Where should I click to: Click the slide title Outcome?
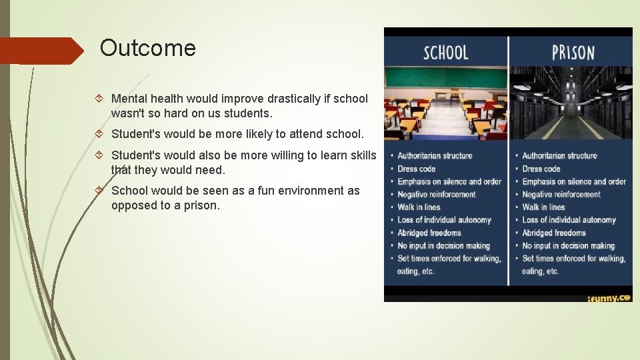tap(147, 49)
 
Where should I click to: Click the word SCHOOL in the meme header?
tap(446, 53)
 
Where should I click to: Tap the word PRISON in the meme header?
tap(573, 53)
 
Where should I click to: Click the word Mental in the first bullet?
tap(129, 99)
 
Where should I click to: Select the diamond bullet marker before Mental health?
tap(99, 99)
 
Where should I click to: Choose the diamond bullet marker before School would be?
tap(99, 191)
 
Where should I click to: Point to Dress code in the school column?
tap(417, 169)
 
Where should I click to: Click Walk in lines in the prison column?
tap(543, 207)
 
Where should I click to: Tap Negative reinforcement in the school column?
tap(437, 195)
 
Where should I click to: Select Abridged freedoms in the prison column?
tap(554, 233)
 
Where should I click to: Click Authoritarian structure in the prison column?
tap(559, 156)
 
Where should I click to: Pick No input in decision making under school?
tap(443, 246)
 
